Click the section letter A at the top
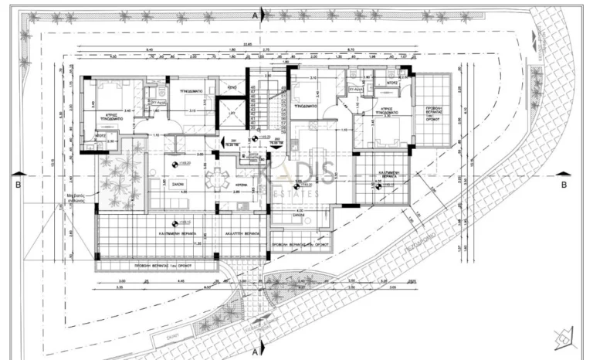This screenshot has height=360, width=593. click(255, 14)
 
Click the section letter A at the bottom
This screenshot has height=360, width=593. click(255, 349)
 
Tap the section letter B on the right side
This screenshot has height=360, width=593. click(564, 185)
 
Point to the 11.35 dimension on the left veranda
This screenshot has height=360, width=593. click(179, 245)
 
